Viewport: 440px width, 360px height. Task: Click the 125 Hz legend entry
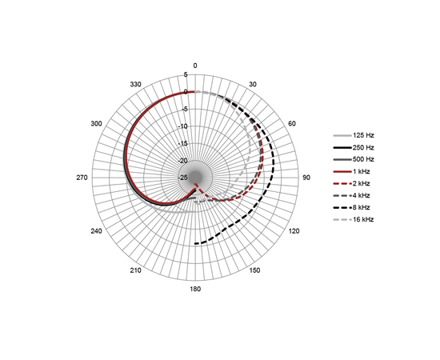(363, 135)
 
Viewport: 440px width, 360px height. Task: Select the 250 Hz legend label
(363, 147)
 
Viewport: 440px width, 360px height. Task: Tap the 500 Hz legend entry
(363, 159)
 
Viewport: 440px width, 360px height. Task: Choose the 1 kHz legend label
(361, 171)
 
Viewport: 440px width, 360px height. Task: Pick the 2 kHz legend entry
(361, 183)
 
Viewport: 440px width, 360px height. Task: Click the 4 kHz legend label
(361, 195)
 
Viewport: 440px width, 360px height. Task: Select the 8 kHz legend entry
(361, 208)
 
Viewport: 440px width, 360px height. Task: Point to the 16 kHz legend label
(363, 219)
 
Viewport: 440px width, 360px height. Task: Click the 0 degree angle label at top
(195, 66)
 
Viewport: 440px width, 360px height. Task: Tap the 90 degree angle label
(306, 178)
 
